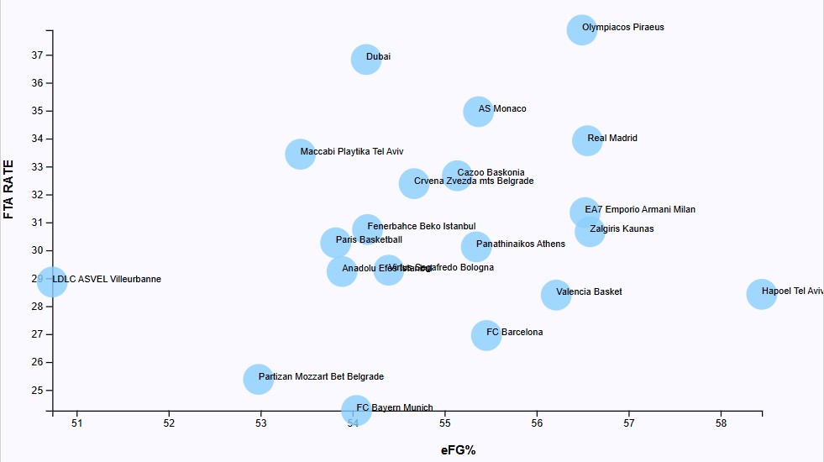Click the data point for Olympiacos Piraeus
(581, 29)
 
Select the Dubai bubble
(366, 59)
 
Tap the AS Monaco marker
(478, 111)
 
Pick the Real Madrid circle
(588, 140)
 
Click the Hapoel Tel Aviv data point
(761, 294)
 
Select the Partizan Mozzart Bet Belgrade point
(258, 379)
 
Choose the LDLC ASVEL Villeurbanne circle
(52, 281)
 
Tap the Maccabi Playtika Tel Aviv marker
(300, 154)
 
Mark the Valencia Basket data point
(556, 294)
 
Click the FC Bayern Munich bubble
(356, 409)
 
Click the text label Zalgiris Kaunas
(622, 228)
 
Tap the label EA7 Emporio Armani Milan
(640, 209)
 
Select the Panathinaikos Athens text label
(521, 244)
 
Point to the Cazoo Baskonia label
(491, 172)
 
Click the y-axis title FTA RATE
(9, 189)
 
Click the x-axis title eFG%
(458, 450)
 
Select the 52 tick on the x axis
(169, 423)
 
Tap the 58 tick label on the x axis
(721, 423)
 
